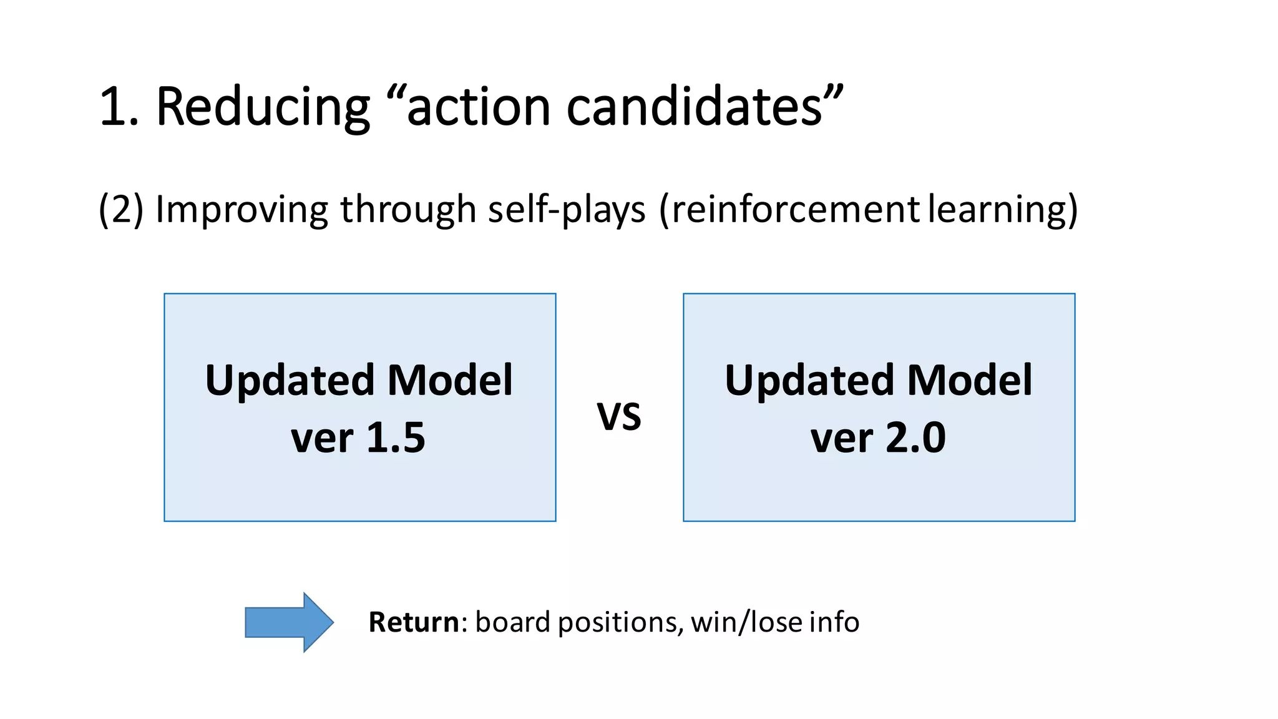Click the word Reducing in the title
click(x=263, y=107)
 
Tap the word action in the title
click(x=477, y=107)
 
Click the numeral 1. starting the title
click(x=119, y=107)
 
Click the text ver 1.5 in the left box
click(x=358, y=438)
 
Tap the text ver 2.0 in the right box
click(x=878, y=438)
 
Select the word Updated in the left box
click(x=290, y=380)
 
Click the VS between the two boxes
click(x=619, y=417)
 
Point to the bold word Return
click(x=414, y=622)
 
